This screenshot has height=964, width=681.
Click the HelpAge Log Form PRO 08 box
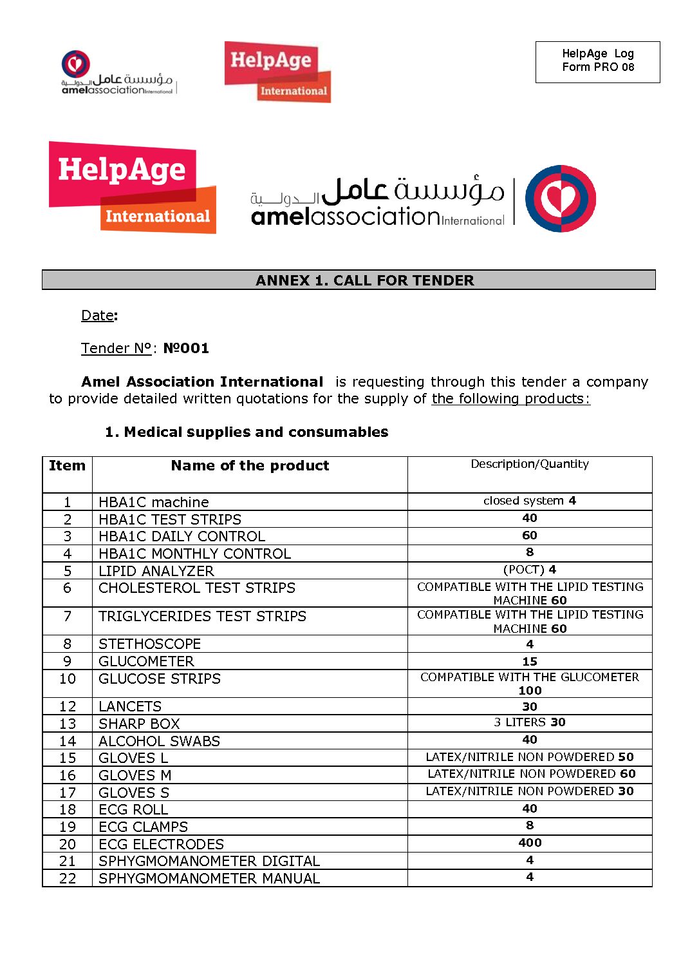pos(597,61)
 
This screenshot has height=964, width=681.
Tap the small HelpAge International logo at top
pos(277,72)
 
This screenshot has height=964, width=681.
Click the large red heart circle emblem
pos(560,198)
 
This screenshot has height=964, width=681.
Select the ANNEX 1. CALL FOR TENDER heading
pos(364,280)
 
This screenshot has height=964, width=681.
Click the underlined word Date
pos(98,316)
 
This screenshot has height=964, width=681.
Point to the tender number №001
pos(186,349)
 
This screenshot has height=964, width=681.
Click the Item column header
pos(67,466)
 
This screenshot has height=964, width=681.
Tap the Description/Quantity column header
pos(529,464)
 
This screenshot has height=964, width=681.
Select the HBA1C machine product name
pos(154,502)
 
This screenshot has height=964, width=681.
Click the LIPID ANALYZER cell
pos(156,571)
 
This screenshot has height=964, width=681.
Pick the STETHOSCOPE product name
pos(150,644)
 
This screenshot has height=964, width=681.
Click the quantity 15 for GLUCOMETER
pos(529,661)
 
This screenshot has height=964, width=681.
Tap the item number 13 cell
pos(68,724)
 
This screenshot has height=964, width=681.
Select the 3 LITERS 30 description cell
pos(529,722)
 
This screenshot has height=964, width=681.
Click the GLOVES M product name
pos(135,775)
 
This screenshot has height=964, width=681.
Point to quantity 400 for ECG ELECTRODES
pos(529,843)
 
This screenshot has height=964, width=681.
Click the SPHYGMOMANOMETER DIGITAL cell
pos(209,861)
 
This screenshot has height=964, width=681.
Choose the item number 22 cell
pos(68,878)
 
